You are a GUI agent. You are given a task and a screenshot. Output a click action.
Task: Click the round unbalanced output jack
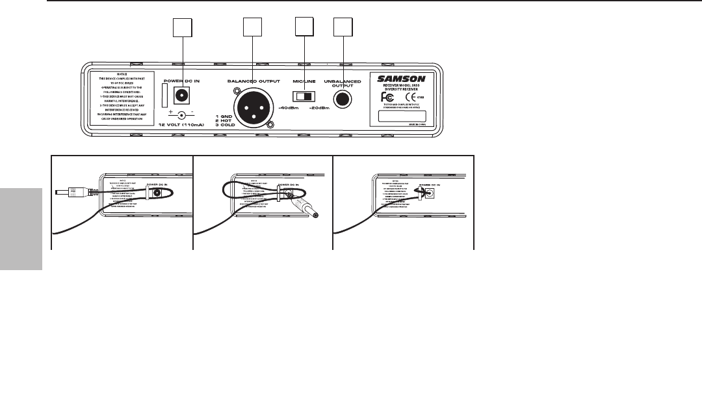tap(342, 100)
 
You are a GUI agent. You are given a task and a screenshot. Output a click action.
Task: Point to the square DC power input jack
tap(183, 95)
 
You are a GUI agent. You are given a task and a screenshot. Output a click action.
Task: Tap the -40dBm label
tap(287, 108)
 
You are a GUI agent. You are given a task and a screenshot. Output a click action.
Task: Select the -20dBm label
tap(318, 108)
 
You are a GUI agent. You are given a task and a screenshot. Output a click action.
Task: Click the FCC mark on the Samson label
tap(387, 100)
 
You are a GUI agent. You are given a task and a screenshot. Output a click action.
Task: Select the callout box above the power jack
tap(183, 28)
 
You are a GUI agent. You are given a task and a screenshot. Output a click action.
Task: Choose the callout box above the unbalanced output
tap(342, 28)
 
